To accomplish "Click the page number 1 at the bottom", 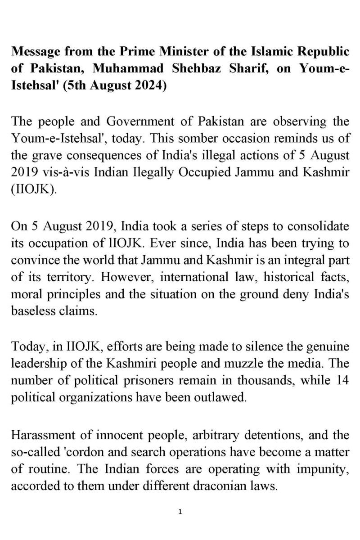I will point(180,512).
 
